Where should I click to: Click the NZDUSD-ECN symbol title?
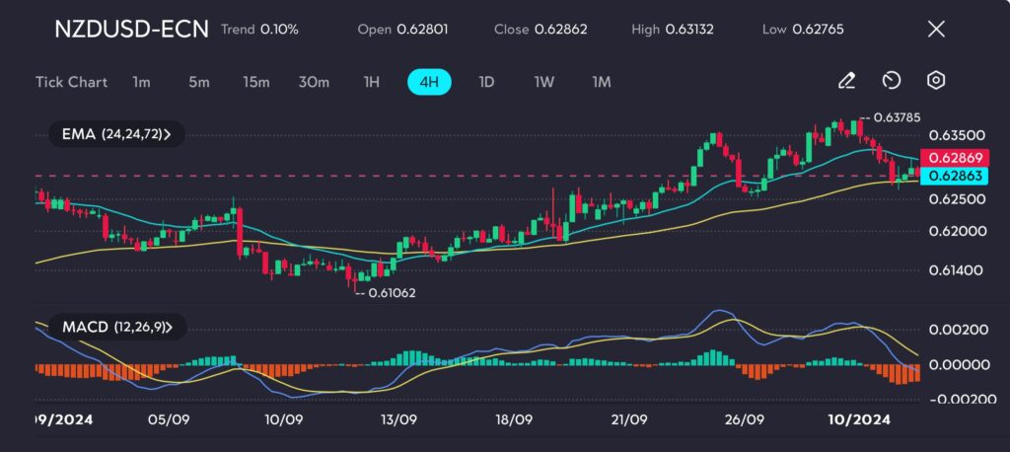[x=131, y=29]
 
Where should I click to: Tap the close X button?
[x=936, y=29]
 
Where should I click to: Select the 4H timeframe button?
[x=429, y=82]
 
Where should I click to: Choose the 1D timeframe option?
[x=485, y=82]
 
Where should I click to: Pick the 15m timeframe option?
[x=256, y=82]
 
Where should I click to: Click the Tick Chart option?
[x=71, y=82]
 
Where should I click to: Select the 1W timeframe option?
[x=544, y=82]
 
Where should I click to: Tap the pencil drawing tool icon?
[x=845, y=81]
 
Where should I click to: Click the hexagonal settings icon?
[x=936, y=81]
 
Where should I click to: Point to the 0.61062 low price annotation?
[x=391, y=293]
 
